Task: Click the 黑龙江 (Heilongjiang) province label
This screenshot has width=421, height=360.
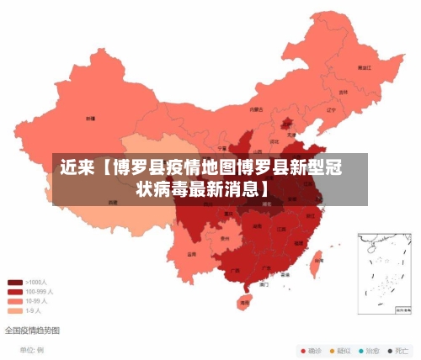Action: pos(364,66)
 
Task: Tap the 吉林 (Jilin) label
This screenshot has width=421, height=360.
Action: pos(343,92)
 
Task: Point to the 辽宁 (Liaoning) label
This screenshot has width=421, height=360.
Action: pos(331,109)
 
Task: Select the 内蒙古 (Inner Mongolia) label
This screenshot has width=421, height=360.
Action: pos(256,109)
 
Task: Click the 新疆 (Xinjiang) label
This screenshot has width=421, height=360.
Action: pos(90,119)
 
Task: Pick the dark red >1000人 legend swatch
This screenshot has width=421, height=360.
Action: pos(15,283)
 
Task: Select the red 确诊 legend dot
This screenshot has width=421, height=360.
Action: pos(304,350)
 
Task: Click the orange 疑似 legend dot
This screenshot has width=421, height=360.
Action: pos(333,350)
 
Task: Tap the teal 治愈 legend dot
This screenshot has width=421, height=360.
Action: pos(361,350)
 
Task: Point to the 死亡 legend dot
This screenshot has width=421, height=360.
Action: pos(390,350)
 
